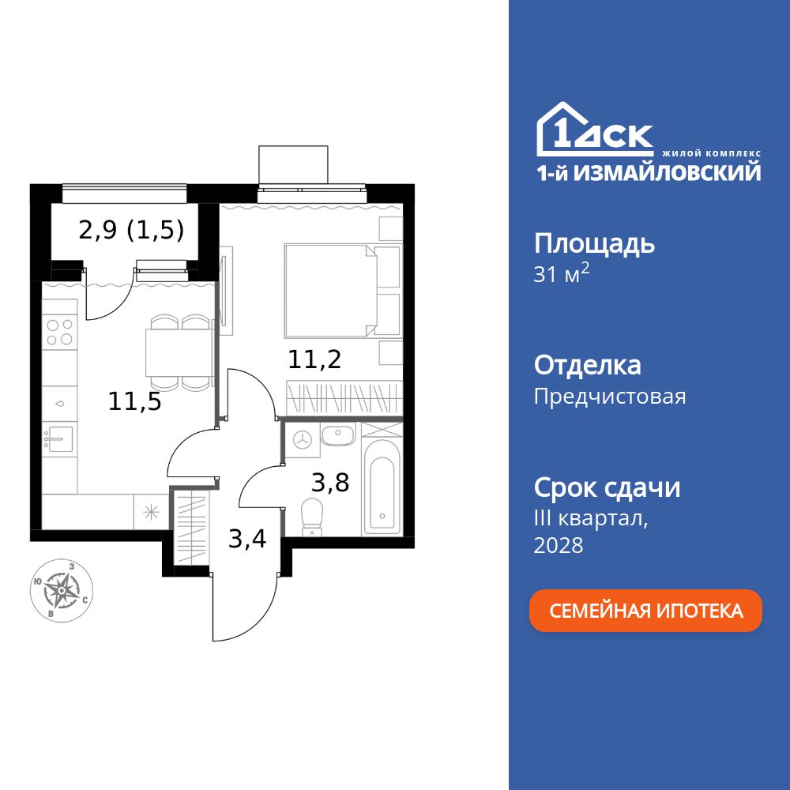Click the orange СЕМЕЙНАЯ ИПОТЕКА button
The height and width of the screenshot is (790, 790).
click(645, 611)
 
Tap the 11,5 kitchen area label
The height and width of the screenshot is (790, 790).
click(135, 402)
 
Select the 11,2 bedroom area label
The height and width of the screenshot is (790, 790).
click(314, 360)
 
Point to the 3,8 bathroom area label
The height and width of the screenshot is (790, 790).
click(330, 481)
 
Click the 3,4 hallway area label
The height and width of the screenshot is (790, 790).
click(247, 540)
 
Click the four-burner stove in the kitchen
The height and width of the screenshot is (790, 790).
click(59, 331)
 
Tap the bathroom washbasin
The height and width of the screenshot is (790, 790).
click(340, 434)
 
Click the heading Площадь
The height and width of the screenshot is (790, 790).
click(594, 243)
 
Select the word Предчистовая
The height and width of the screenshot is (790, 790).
click(610, 396)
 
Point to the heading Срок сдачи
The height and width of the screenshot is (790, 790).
click(607, 487)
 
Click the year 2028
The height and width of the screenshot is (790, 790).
click(559, 545)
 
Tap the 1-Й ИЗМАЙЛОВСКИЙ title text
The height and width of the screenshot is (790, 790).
click(649, 172)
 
